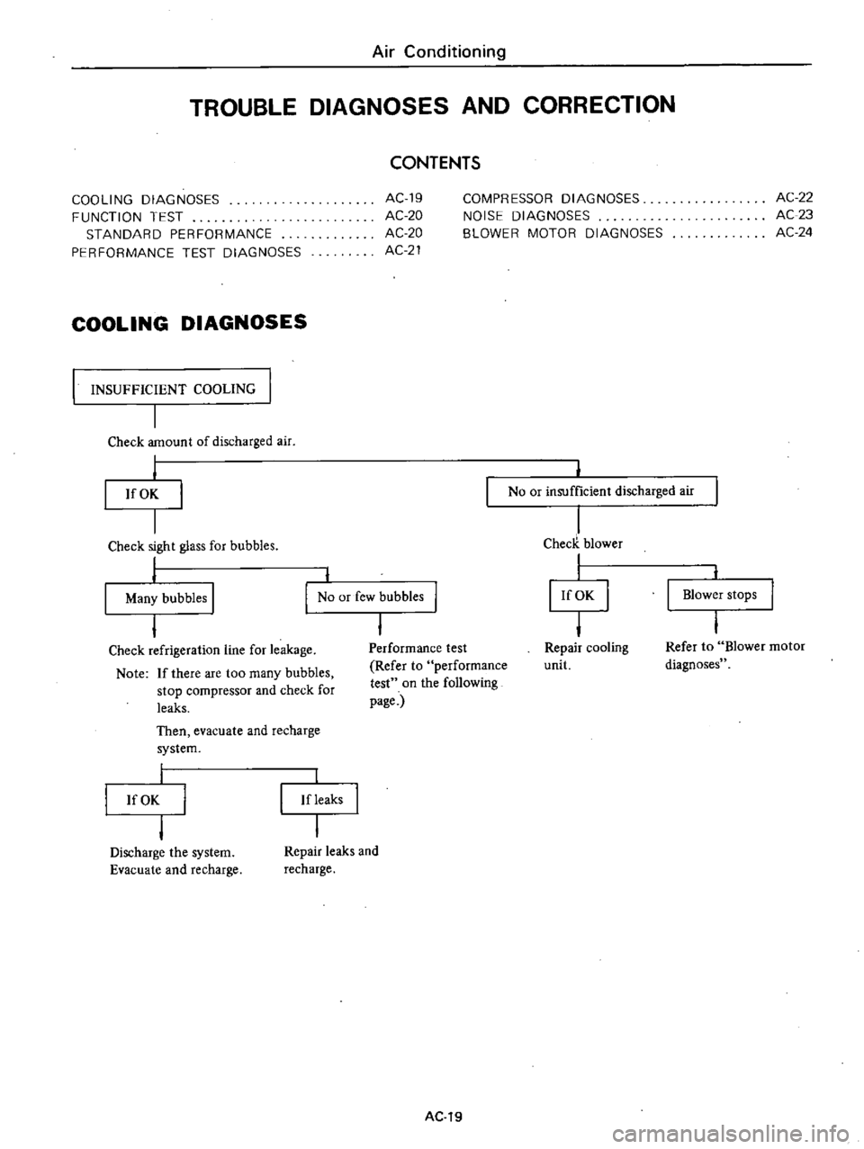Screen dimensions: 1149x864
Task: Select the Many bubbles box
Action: coord(158,597)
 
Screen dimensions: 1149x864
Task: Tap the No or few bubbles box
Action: coord(371,597)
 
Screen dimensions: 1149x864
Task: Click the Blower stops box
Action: coord(719,595)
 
